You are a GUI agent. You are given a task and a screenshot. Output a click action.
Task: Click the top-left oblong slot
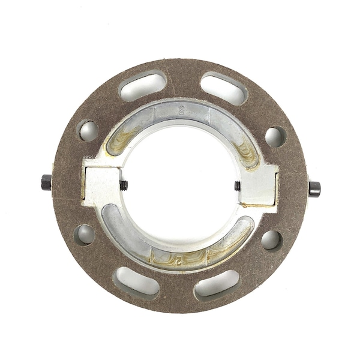pyautogui.click(x=143, y=86)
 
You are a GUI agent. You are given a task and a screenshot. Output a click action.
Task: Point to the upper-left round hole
pyautogui.click(x=88, y=130)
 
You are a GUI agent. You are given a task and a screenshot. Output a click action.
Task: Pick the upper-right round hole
pyautogui.click(x=275, y=136)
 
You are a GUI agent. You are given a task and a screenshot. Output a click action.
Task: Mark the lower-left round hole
pyautogui.click(x=85, y=234)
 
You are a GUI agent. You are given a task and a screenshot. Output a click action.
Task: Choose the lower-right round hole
pyautogui.click(x=271, y=240)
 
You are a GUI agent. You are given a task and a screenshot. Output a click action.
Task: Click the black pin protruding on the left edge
pyautogui.click(x=46, y=181)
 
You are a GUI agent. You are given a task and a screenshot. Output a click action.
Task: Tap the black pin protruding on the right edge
pyautogui.click(x=314, y=188)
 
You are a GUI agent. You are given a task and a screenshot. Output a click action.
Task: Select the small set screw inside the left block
pyautogui.click(x=124, y=185)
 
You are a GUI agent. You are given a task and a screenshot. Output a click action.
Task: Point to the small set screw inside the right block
pyautogui.click(x=238, y=186)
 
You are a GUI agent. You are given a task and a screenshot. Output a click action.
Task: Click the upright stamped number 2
pyautogui.click(x=181, y=110)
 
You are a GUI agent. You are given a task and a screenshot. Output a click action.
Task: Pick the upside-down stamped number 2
pyautogui.click(x=178, y=259)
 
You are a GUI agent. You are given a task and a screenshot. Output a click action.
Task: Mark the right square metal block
pyautogui.click(x=260, y=187)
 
